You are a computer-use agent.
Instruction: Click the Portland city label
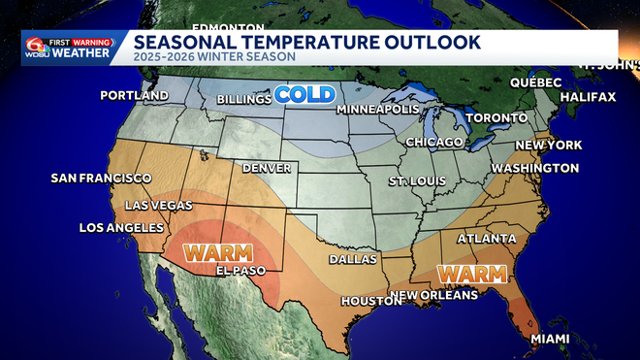pyautogui.click(x=135, y=97)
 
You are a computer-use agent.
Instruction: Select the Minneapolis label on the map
pyautogui.click(x=377, y=109)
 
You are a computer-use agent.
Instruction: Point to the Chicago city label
pyautogui.click(x=433, y=143)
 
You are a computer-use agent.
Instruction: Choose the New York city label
pyautogui.click(x=549, y=146)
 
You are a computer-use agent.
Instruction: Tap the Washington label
pyautogui.click(x=534, y=168)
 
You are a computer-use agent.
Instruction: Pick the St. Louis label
pyautogui.click(x=416, y=181)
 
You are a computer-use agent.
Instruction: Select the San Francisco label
pyautogui.click(x=102, y=179)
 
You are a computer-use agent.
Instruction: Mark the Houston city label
pyautogui.click(x=370, y=301)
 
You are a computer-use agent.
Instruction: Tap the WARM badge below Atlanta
pyautogui.click(x=473, y=273)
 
